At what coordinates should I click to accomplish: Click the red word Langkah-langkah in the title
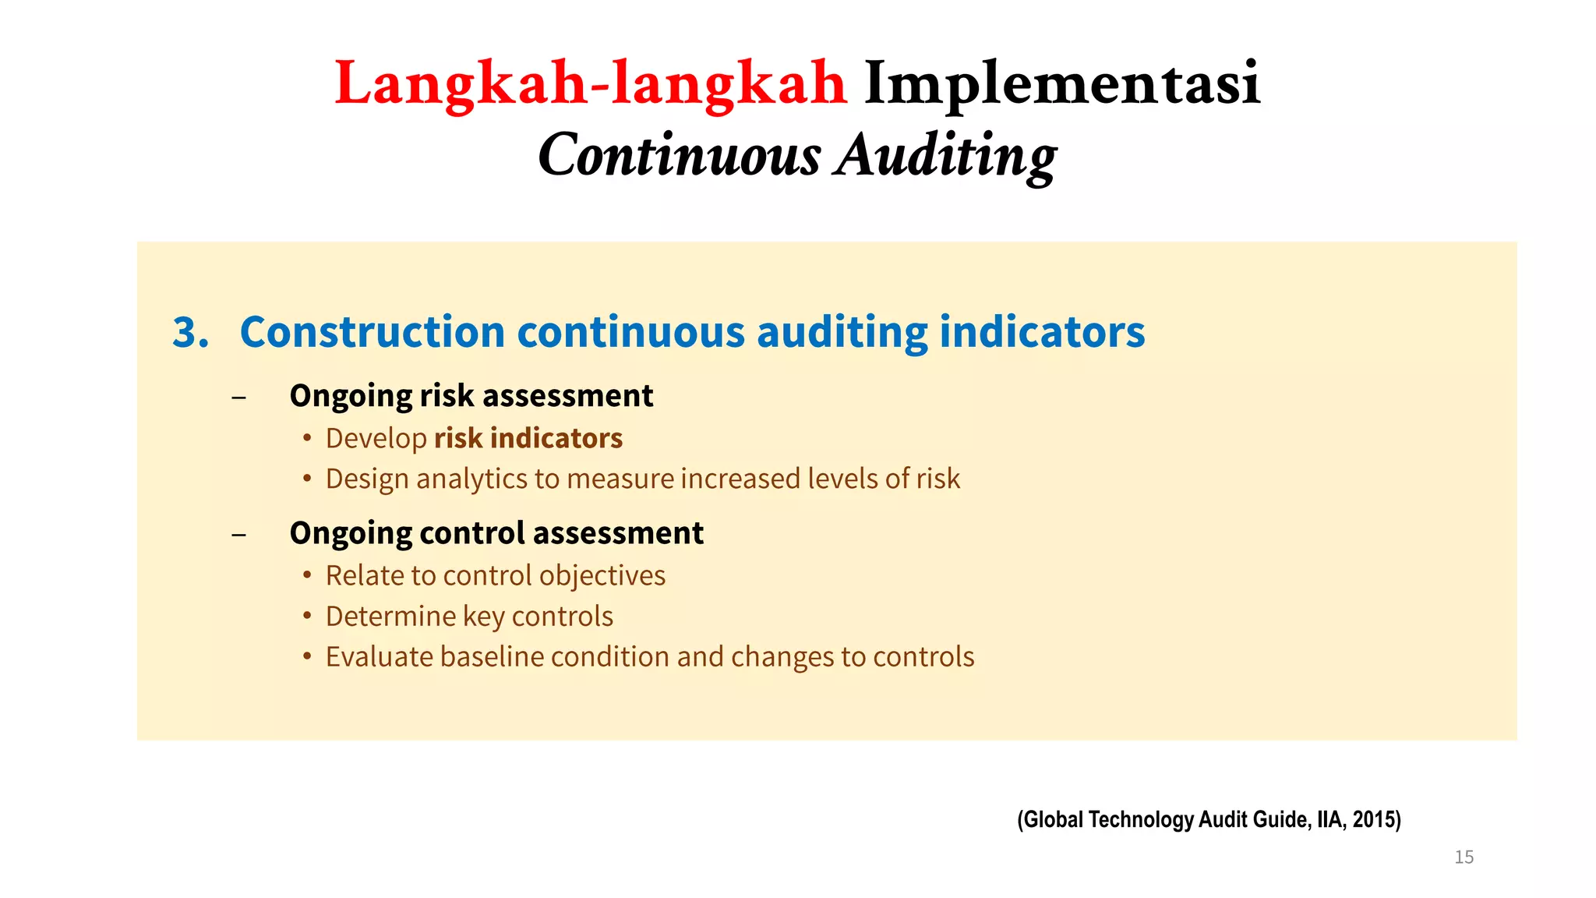pyautogui.click(x=590, y=83)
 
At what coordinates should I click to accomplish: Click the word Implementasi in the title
pyautogui.click(x=1061, y=83)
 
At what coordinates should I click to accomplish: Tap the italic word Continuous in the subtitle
pyautogui.click(x=679, y=155)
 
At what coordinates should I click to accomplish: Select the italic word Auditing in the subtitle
pyautogui.click(x=947, y=155)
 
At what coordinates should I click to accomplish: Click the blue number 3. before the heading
pyautogui.click(x=190, y=333)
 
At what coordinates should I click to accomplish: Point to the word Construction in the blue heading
pyautogui.click(x=373, y=333)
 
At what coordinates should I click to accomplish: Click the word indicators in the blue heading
pyautogui.click(x=1042, y=333)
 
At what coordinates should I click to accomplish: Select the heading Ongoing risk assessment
pyautogui.click(x=471, y=396)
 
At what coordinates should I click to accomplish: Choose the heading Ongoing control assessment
pyautogui.click(x=496, y=533)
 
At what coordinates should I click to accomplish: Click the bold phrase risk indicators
pyautogui.click(x=528, y=438)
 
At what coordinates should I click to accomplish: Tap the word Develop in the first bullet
pyautogui.click(x=376, y=439)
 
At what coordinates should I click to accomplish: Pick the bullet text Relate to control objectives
pyautogui.click(x=495, y=575)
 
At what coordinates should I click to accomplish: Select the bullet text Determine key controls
pyautogui.click(x=469, y=617)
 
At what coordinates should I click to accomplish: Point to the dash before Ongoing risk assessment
pyautogui.click(x=239, y=398)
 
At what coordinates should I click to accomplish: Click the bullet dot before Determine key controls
pyautogui.click(x=308, y=616)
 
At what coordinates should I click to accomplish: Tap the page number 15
pyautogui.click(x=1464, y=857)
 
